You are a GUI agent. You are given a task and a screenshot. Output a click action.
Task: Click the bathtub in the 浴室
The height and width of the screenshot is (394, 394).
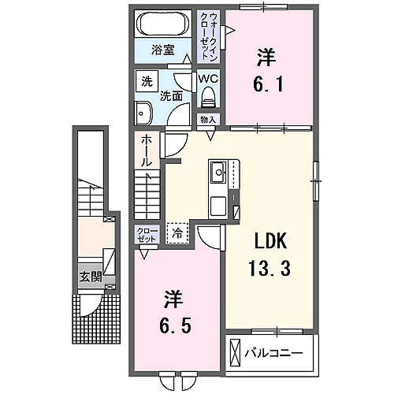[x=163, y=24]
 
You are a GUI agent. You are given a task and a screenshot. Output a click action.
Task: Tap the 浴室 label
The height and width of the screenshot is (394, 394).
[x=163, y=50]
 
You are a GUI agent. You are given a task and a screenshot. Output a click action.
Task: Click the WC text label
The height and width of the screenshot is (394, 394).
[x=208, y=79]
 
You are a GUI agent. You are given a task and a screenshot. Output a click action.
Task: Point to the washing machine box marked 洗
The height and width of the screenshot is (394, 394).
[x=147, y=81]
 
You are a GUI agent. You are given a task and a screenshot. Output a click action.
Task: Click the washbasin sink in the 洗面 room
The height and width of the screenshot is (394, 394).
[x=143, y=113]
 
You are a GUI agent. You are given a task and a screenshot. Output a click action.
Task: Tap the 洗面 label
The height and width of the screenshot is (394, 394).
[x=171, y=97]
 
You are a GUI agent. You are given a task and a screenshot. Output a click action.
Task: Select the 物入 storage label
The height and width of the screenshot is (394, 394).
[x=208, y=120]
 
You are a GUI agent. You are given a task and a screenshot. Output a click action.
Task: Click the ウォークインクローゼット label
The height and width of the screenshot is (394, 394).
[x=209, y=36]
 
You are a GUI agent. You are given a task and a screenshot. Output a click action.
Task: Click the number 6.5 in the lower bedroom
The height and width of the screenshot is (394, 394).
[x=175, y=325]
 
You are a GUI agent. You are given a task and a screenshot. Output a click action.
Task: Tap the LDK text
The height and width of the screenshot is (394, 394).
[x=269, y=242]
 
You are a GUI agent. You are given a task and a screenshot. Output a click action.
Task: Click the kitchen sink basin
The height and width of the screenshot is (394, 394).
[x=218, y=173]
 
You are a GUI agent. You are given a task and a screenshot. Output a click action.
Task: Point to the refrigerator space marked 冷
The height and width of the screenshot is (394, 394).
[x=177, y=233]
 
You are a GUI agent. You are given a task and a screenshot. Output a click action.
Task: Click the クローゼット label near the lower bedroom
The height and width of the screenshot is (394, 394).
[x=147, y=235]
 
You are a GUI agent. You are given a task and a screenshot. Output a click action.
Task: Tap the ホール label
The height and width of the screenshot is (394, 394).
[x=147, y=151]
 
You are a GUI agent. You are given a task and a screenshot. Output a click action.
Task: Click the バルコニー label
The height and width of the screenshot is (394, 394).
[x=273, y=353]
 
